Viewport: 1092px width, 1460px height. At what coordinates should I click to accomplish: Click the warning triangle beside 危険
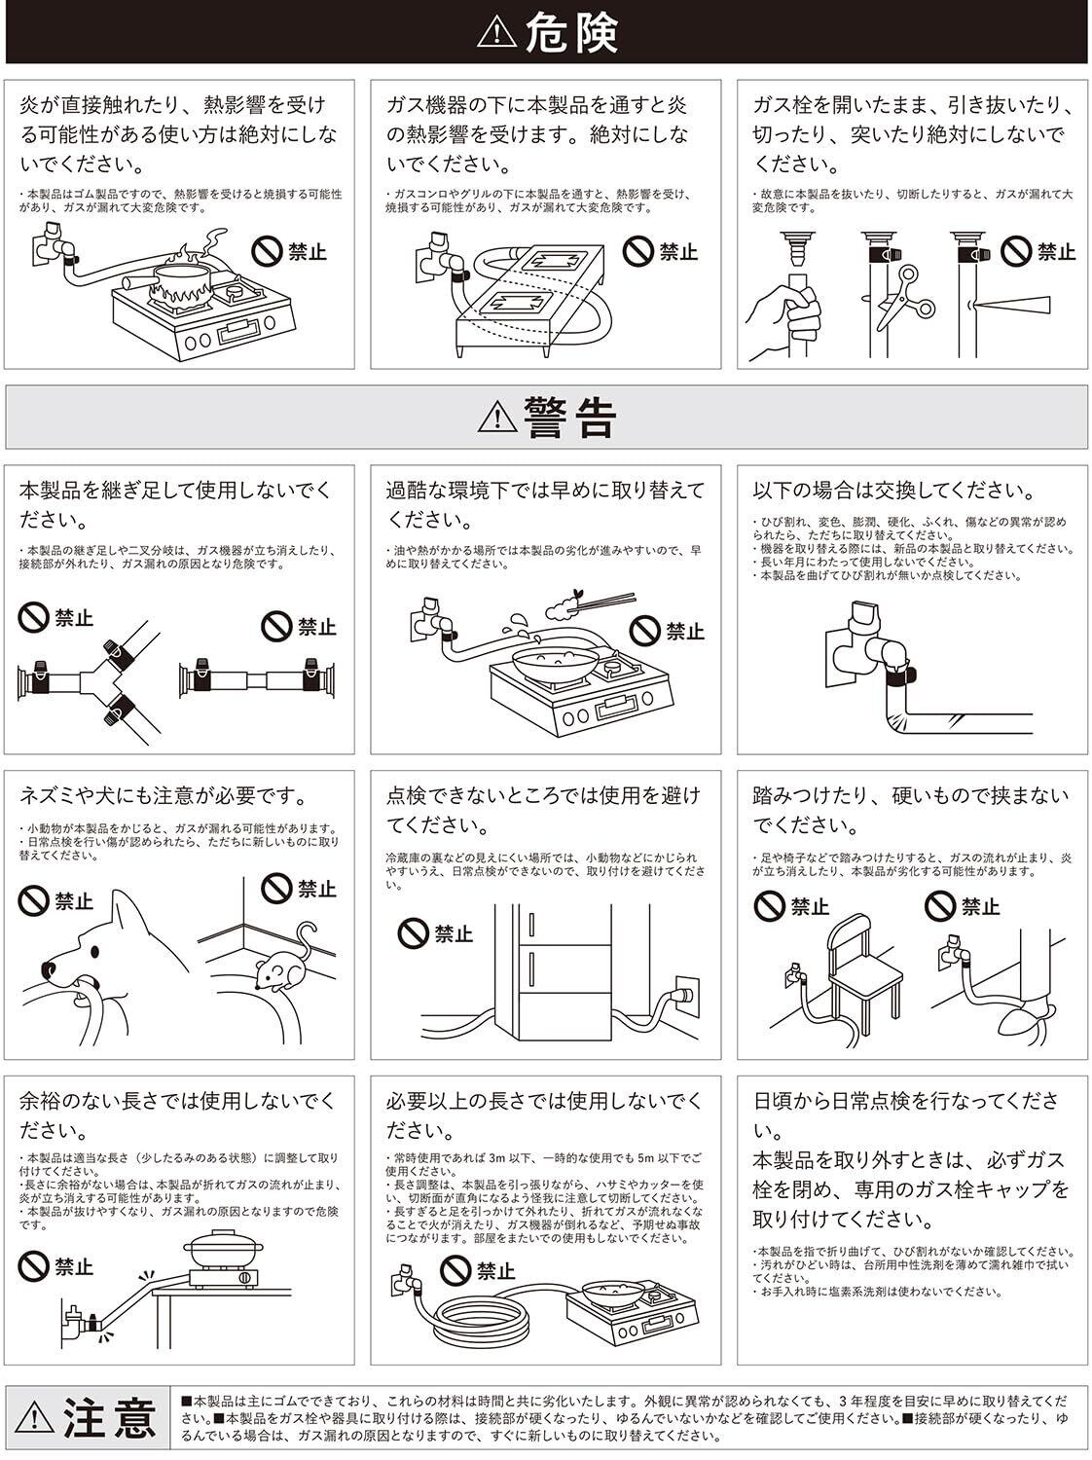498,33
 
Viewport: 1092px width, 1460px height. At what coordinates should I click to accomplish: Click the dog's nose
50,969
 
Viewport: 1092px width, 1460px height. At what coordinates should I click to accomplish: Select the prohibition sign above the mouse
277,888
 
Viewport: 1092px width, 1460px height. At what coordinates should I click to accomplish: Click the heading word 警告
570,417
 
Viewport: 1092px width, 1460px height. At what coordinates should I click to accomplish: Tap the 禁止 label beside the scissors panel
1056,252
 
